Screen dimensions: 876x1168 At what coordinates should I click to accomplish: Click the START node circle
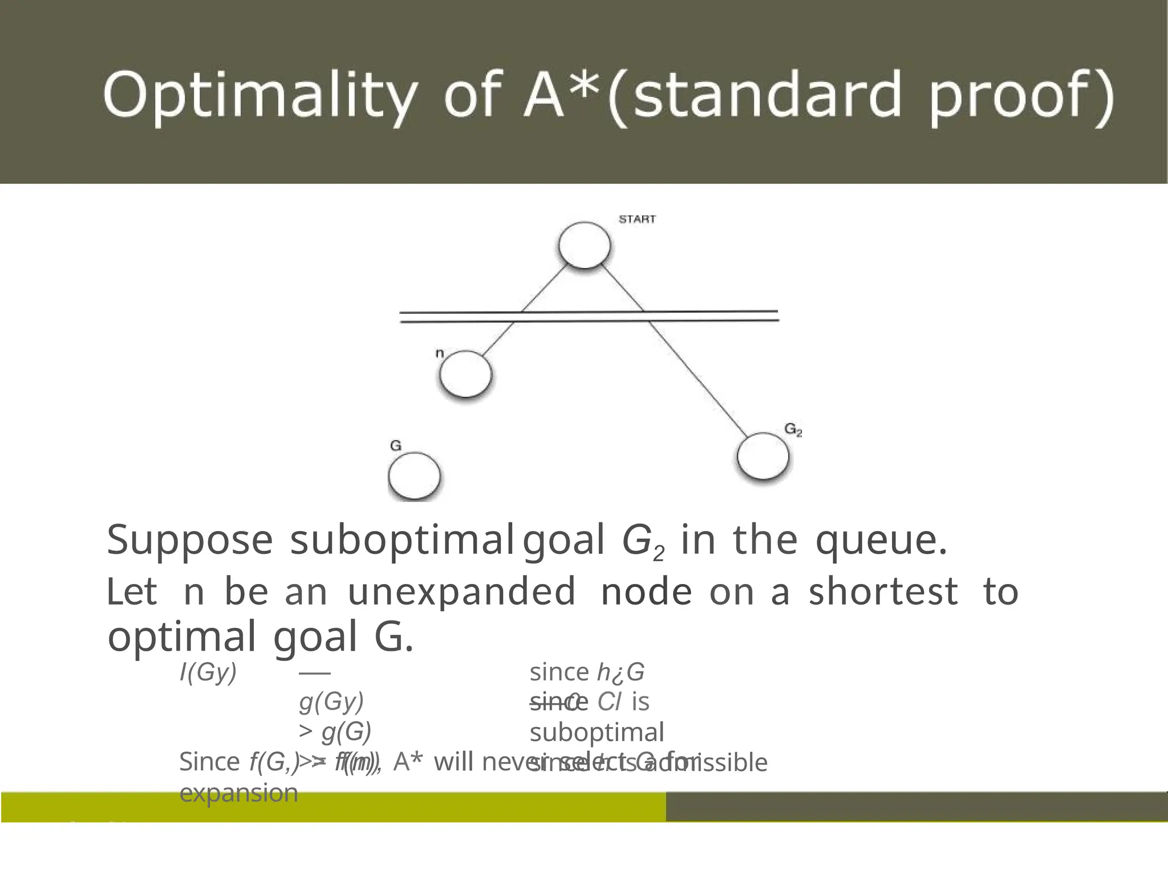[x=584, y=245]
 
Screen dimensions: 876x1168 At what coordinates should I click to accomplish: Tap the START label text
[x=637, y=220]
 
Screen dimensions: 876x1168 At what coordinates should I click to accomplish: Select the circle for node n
[x=465, y=374]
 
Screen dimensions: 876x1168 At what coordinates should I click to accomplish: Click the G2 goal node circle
[x=763, y=456]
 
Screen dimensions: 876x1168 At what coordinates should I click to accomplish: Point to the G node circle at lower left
[x=414, y=476]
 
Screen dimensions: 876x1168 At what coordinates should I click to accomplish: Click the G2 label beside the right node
[x=793, y=429]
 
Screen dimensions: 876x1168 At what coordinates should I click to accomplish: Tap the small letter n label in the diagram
[x=439, y=354]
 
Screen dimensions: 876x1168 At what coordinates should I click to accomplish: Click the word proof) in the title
[x=1021, y=96]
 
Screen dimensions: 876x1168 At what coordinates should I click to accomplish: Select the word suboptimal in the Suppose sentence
[x=401, y=540]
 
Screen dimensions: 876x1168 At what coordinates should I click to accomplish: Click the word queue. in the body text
[x=881, y=540]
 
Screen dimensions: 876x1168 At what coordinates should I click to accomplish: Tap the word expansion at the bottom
[x=238, y=793]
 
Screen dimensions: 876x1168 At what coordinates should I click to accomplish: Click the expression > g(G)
[x=335, y=732]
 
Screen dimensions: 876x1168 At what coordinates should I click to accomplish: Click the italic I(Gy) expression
[x=208, y=672]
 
